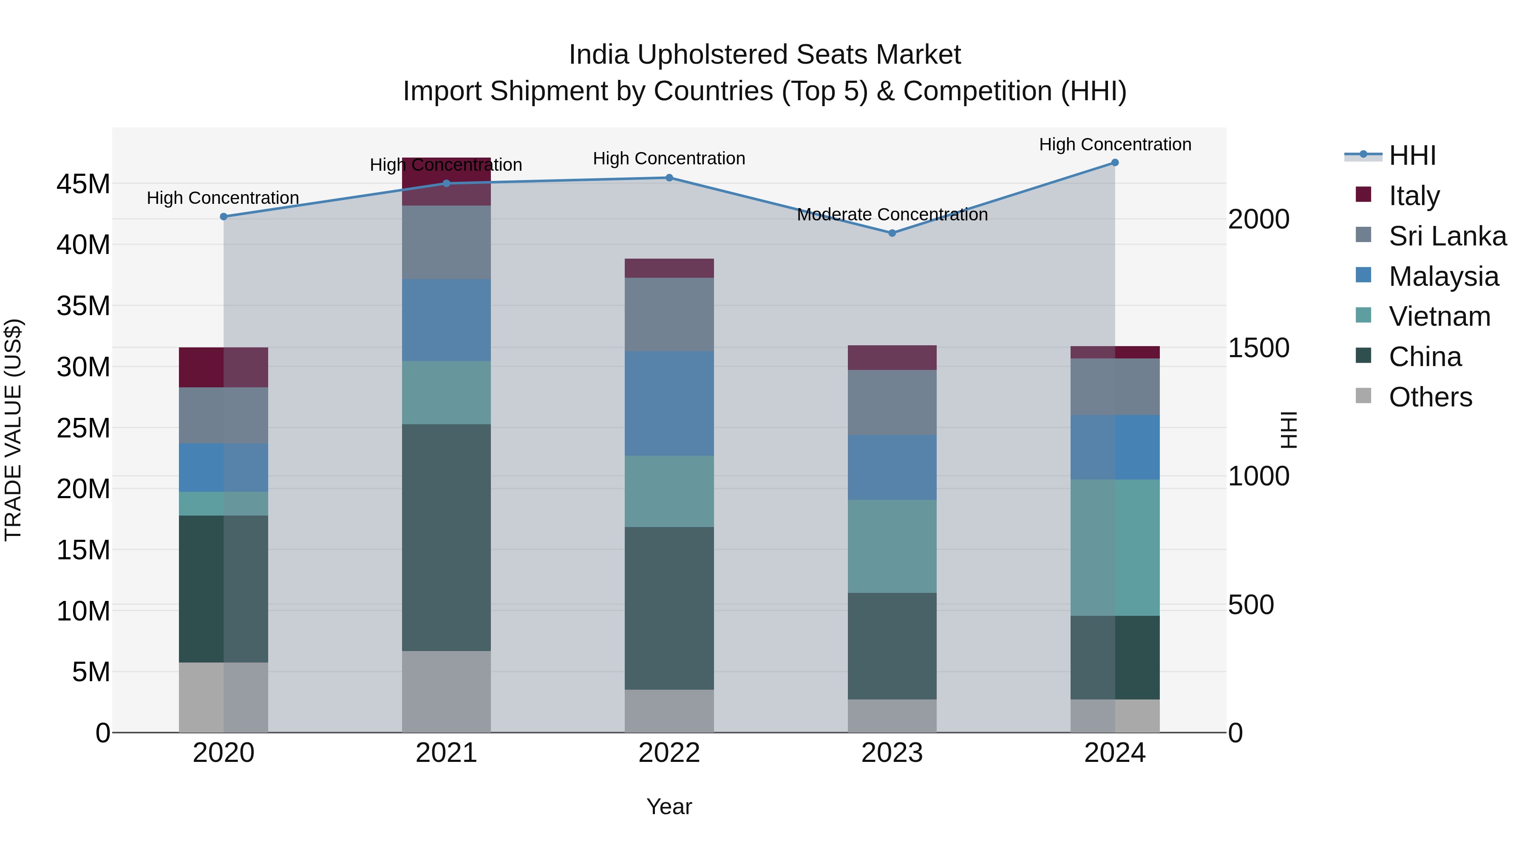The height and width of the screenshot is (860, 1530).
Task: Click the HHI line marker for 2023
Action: pyautogui.click(x=892, y=233)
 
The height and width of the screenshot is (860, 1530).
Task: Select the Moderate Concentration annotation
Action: pyautogui.click(x=892, y=214)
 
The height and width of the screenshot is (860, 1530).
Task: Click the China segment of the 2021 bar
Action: pyautogui.click(x=446, y=537)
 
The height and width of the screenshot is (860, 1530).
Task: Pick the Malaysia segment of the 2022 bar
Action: pyautogui.click(x=669, y=403)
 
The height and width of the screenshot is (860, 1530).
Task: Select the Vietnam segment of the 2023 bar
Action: pyautogui.click(x=892, y=546)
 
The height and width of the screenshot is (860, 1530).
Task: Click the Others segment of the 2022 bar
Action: pyautogui.click(x=669, y=711)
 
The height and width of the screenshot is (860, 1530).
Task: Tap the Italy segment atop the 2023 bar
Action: pyautogui.click(x=892, y=357)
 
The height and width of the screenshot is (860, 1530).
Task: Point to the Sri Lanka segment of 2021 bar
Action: pyautogui.click(x=446, y=242)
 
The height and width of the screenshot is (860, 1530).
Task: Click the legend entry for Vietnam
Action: pyautogui.click(x=1439, y=316)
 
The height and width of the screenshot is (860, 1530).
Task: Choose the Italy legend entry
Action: pyautogui.click(x=1414, y=196)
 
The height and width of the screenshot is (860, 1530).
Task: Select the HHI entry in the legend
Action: pyautogui.click(x=1412, y=155)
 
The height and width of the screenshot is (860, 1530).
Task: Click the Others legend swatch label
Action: pyautogui.click(x=1430, y=397)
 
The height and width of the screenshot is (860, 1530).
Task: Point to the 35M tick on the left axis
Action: pyautogui.click(x=83, y=306)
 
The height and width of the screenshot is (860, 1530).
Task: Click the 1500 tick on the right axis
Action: pyautogui.click(x=1258, y=348)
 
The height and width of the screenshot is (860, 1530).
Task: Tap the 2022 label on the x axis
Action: pyautogui.click(x=669, y=753)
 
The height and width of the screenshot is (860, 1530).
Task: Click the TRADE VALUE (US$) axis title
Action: pyautogui.click(x=13, y=430)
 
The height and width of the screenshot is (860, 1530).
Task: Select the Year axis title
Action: pyautogui.click(x=669, y=806)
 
